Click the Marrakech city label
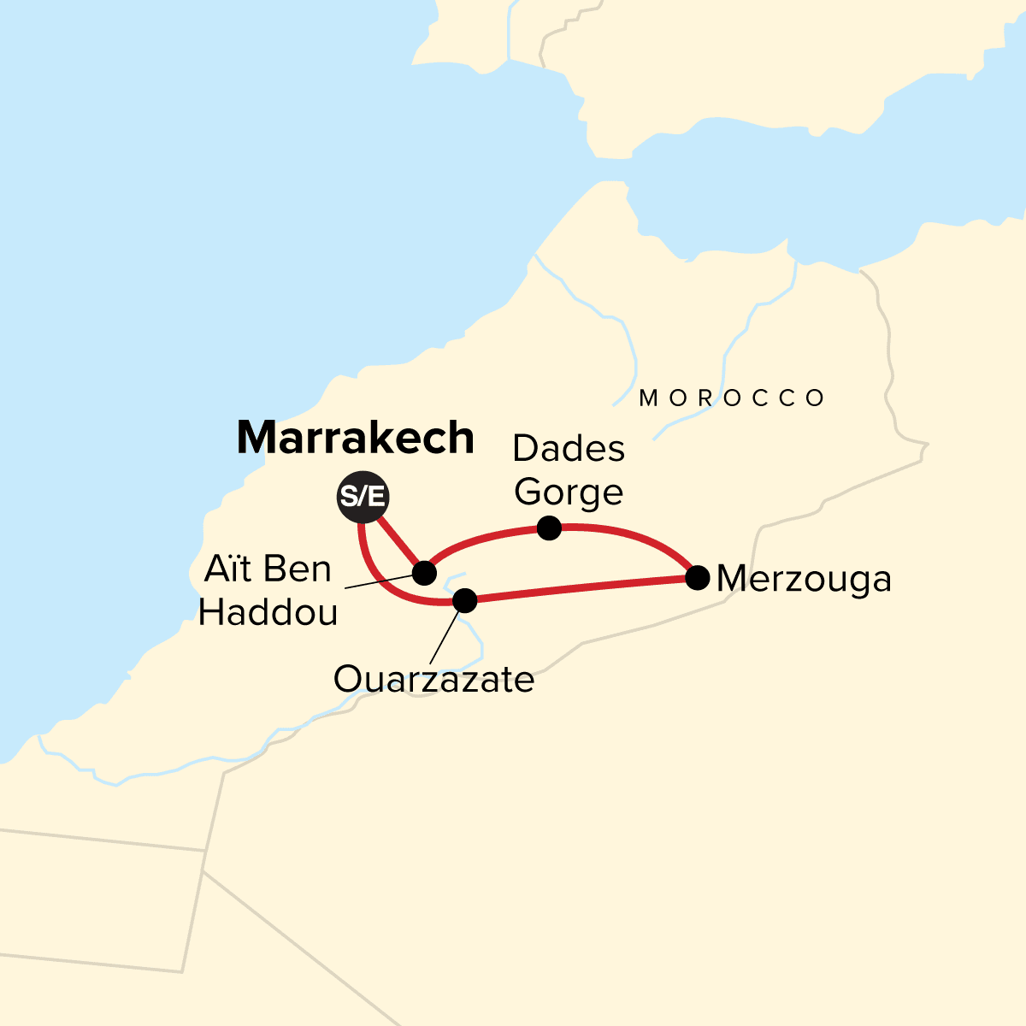(355, 439)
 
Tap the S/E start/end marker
(362, 496)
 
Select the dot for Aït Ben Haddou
(424, 572)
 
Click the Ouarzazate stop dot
(464, 600)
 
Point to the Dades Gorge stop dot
(549, 528)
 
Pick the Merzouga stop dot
(698, 578)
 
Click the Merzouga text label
(804, 580)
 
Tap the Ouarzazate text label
(433, 681)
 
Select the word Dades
(569, 448)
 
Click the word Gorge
(569, 492)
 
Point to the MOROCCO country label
(733, 398)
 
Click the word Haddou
(268, 612)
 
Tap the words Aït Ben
(267, 569)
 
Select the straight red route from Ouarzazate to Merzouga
(581, 589)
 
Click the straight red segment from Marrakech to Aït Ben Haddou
(398, 542)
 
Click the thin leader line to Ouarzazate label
(446, 633)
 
